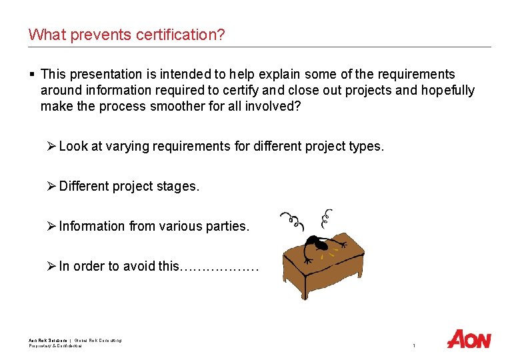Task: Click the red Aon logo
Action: (469, 339)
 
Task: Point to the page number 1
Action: (414, 345)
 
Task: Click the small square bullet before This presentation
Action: (32, 74)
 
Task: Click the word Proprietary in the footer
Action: (41, 345)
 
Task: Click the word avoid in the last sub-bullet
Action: (141, 266)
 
